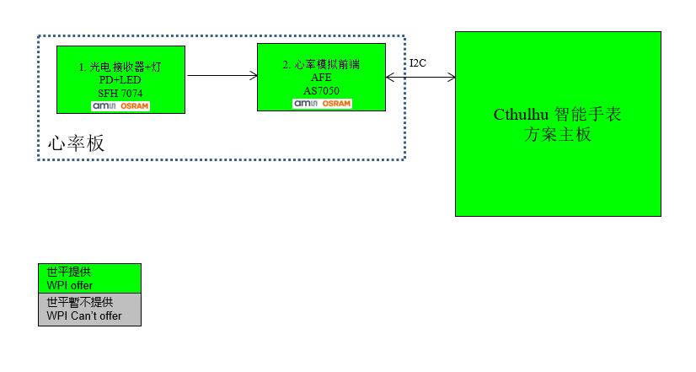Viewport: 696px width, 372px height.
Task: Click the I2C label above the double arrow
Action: click(x=419, y=63)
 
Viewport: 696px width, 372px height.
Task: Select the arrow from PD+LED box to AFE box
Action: click(x=222, y=76)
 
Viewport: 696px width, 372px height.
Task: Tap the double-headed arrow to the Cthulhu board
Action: click(x=420, y=78)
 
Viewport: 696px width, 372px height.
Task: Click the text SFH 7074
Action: click(x=120, y=93)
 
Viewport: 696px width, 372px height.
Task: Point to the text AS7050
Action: click(x=321, y=89)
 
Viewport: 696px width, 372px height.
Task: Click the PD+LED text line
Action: click(x=120, y=79)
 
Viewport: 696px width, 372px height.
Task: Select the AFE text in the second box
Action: click(x=321, y=77)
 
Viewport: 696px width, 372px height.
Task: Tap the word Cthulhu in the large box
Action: click(x=522, y=115)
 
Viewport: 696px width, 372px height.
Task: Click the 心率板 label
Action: click(x=77, y=143)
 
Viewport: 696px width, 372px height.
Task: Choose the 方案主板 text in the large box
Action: click(x=558, y=134)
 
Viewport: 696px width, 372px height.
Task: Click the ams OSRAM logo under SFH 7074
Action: click(x=120, y=106)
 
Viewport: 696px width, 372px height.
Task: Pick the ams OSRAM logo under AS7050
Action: click(x=322, y=103)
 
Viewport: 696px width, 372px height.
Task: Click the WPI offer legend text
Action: click(x=70, y=285)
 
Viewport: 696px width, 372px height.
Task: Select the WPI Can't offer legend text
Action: click(x=84, y=316)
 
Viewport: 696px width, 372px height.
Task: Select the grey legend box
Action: click(x=89, y=310)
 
